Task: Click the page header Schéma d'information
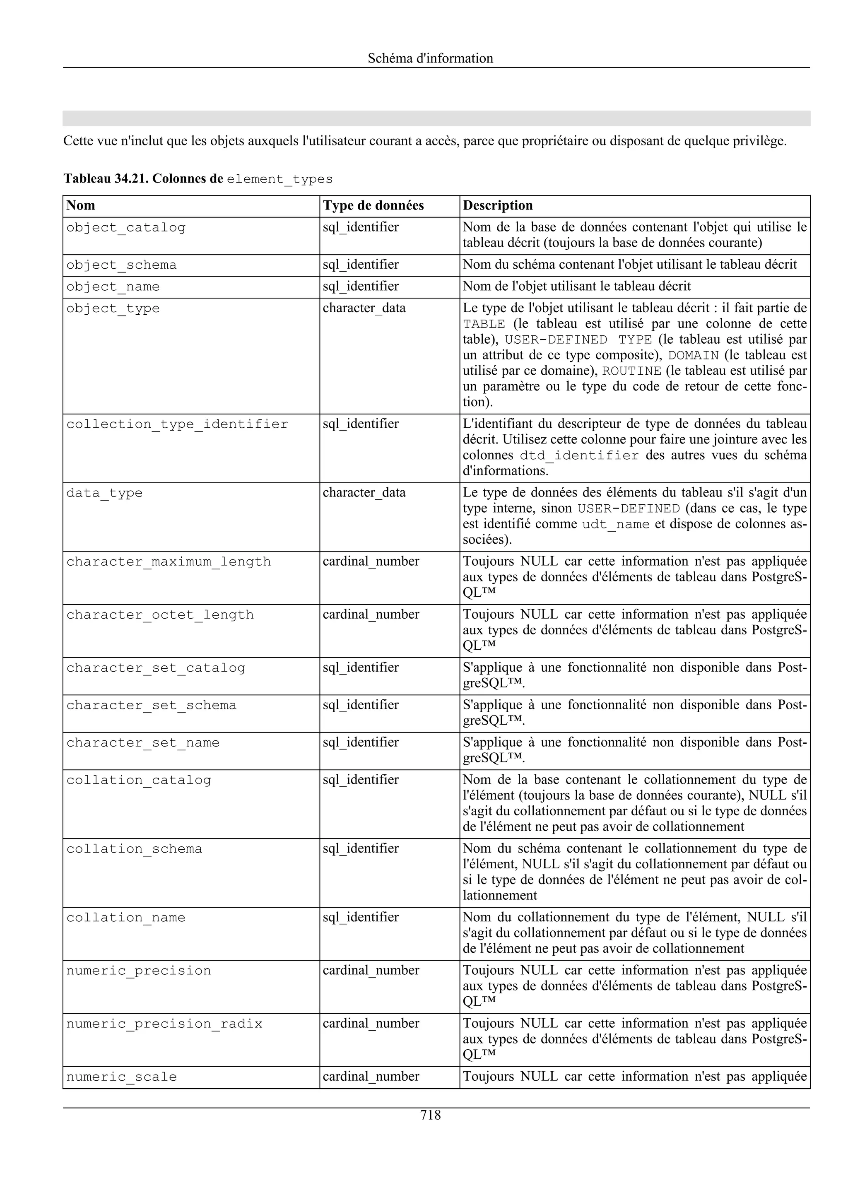pos(430,58)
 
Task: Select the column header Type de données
pos(373,205)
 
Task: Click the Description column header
pos(497,205)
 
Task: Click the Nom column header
pos(81,205)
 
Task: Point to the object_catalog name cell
pos(126,228)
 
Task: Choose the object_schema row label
pos(121,265)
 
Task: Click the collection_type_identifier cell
pos(177,424)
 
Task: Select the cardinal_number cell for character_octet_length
pos(371,614)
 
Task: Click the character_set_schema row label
pos(151,705)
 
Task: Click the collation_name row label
pos(126,917)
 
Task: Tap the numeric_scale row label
pos(121,1077)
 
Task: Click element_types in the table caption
pos(279,179)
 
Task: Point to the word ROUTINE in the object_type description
pos(632,371)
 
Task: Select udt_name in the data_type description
pos(616,524)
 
